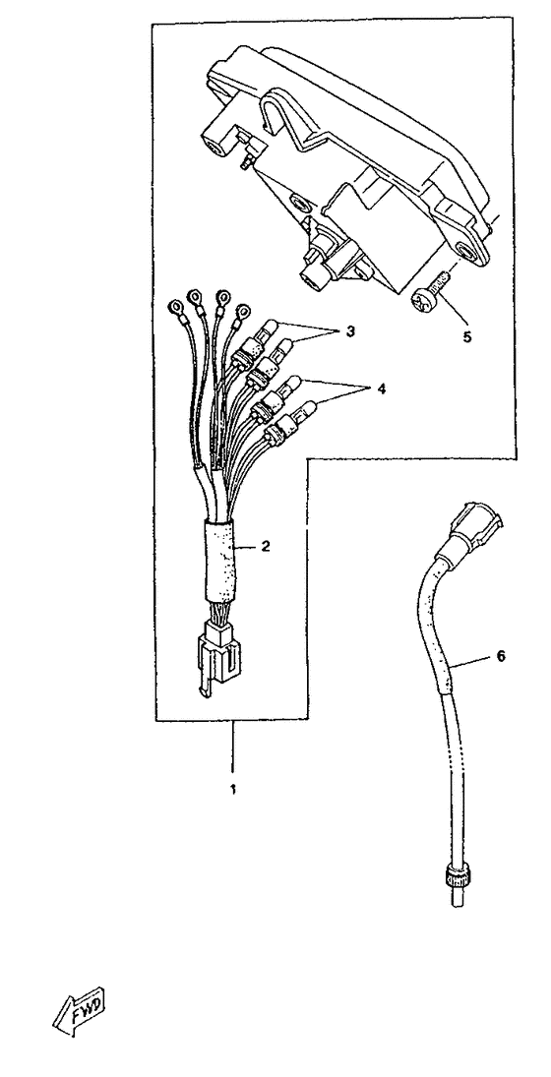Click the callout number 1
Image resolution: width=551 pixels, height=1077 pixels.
tap(233, 789)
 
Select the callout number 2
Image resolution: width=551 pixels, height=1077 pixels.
tap(266, 548)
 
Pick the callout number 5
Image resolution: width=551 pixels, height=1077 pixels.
tap(466, 338)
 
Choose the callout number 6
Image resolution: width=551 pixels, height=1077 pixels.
tap(500, 657)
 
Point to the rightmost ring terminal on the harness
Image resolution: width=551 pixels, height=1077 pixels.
tap(241, 313)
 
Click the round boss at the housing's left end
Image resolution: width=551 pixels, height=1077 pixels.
tap(216, 147)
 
